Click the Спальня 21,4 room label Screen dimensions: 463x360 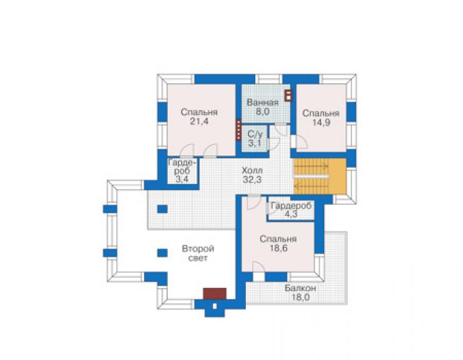199,116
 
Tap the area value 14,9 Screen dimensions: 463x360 321,123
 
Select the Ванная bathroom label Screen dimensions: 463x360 263,103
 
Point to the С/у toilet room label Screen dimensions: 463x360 255,134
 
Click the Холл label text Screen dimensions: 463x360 252,170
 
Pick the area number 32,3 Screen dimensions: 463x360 252,180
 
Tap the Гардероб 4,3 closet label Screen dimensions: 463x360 291,210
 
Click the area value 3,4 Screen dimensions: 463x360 182,179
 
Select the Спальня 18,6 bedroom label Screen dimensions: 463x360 278,244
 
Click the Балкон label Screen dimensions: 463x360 300,288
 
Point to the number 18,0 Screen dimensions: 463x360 300,297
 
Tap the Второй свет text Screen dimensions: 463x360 198,254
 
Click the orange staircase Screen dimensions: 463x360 320,176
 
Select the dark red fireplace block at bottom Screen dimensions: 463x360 215,294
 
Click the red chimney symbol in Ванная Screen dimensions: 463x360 288,95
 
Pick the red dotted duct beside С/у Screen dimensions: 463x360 238,130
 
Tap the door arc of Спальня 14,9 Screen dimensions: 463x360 302,142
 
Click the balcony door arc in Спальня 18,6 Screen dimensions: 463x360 259,267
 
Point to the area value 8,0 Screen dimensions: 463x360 263,111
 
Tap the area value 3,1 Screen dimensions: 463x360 255,143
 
